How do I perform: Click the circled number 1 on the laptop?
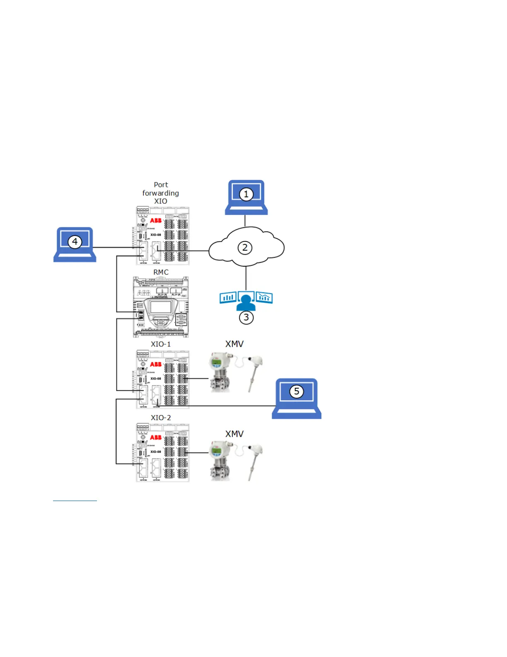pyautogui.click(x=246, y=194)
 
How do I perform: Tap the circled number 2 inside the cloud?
pyautogui.click(x=245, y=248)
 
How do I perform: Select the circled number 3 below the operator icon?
pyautogui.click(x=246, y=317)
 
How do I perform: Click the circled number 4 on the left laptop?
pyautogui.click(x=75, y=241)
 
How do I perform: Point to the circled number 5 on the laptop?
pyautogui.click(x=297, y=391)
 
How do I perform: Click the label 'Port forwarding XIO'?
pyautogui.click(x=161, y=193)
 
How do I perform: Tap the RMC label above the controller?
pyautogui.click(x=161, y=272)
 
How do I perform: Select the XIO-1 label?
pyautogui.click(x=161, y=344)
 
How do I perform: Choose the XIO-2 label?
pyautogui.click(x=161, y=418)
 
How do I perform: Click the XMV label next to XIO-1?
pyautogui.click(x=234, y=344)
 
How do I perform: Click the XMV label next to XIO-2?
pyautogui.click(x=234, y=434)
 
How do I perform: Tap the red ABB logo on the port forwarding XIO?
pyautogui.click(x=156, y=220)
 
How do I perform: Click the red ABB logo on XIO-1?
pyautogui.click(x=156, y=364)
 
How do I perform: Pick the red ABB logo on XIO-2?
pyautogui.click(x=156, y=438)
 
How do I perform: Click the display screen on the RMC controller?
pyautogui.click(x=161, y=307)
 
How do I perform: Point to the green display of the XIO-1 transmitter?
pyautogui.click(x=216, y=363)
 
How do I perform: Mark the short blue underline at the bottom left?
pyautogui.click(x=75, y=501)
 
